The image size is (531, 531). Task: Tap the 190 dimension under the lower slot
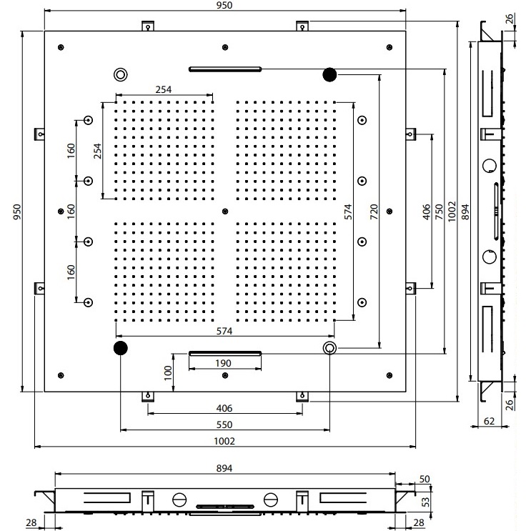(x=223, y=364)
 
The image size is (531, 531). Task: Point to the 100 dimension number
(x=168, y=373)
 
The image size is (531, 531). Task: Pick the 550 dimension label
(x=224, y=423)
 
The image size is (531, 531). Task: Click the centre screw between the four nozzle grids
(x=225, y=211)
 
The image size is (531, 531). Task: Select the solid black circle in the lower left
(x=119, y=348)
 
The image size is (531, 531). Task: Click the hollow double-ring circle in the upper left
(x=119, y=74)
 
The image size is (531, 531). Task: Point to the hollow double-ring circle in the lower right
(x=329, y=348)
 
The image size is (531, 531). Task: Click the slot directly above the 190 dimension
(x=224, y=352)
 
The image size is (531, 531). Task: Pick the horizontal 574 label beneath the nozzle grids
(x=224, y=332)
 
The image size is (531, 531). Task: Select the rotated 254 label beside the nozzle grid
(x=99, y=151)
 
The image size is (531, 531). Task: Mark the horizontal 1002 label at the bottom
(x=224, y=442)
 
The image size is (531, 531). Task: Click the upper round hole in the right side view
(x=490, y=167)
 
